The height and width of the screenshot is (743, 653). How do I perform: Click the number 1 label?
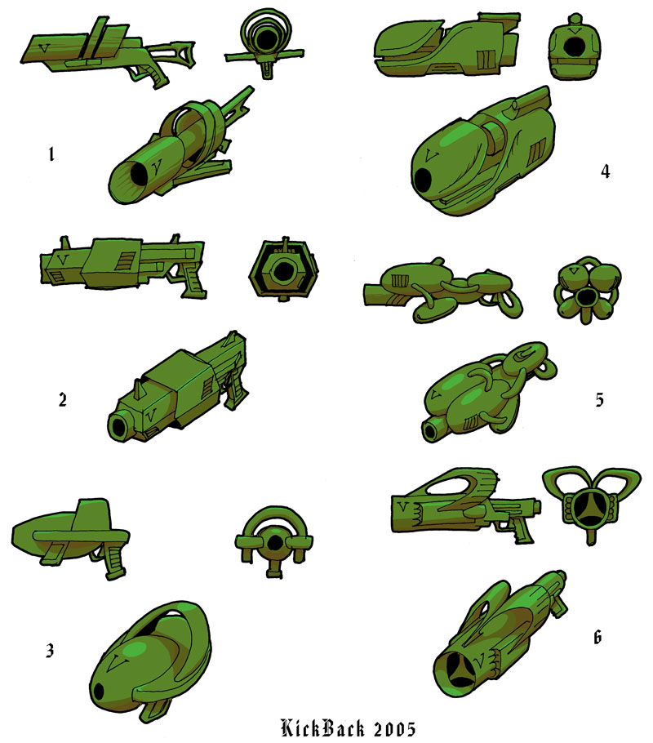[51, 154]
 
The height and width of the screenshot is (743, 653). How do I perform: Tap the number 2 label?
[63, 400]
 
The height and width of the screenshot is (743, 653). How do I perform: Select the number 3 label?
[50, 651]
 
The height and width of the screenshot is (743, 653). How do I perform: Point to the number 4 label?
[605, 171]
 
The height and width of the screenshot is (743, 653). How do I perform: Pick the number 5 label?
[599, 400]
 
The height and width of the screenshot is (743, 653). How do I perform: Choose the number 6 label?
[597, 638]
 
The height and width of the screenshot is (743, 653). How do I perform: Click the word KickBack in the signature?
[323, 728]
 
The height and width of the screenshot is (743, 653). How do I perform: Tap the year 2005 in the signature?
[395, 729]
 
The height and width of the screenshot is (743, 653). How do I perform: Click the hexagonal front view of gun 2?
[284, 270]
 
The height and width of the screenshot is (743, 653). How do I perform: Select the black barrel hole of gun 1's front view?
[262, 38]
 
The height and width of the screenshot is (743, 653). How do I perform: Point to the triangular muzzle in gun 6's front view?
[587, 509]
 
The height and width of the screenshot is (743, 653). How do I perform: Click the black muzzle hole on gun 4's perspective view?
[423, 179]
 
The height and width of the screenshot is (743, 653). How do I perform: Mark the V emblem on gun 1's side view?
[45, 48]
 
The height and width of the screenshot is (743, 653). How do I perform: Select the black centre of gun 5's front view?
[588, 296]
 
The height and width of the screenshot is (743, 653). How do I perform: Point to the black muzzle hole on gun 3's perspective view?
[99, 692]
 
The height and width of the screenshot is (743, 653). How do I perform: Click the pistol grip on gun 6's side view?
[519, 528]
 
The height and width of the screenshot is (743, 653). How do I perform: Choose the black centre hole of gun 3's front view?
[274, 544]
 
